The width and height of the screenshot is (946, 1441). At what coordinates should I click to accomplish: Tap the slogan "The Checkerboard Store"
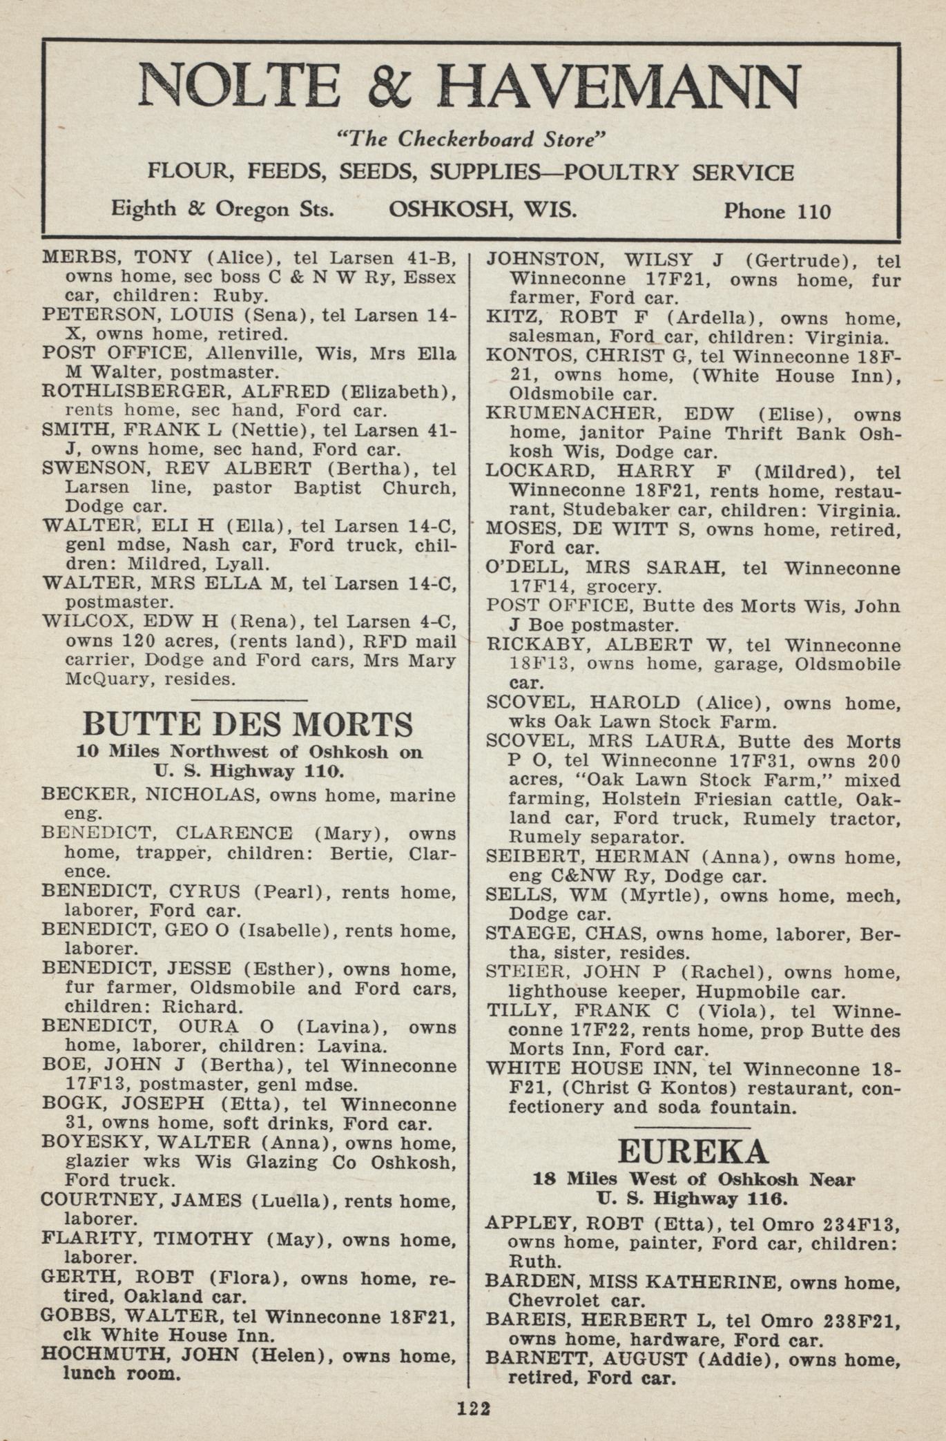[x=470, y=139]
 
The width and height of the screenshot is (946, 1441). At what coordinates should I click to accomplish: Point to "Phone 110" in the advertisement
[x=777, y=211]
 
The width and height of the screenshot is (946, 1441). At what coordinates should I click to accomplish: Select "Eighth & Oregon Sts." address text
[x=222, y=209]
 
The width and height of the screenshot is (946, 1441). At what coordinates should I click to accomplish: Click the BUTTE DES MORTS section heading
[x=248, y=724]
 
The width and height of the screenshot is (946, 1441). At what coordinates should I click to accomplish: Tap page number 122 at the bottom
[x=473, y=1409]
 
